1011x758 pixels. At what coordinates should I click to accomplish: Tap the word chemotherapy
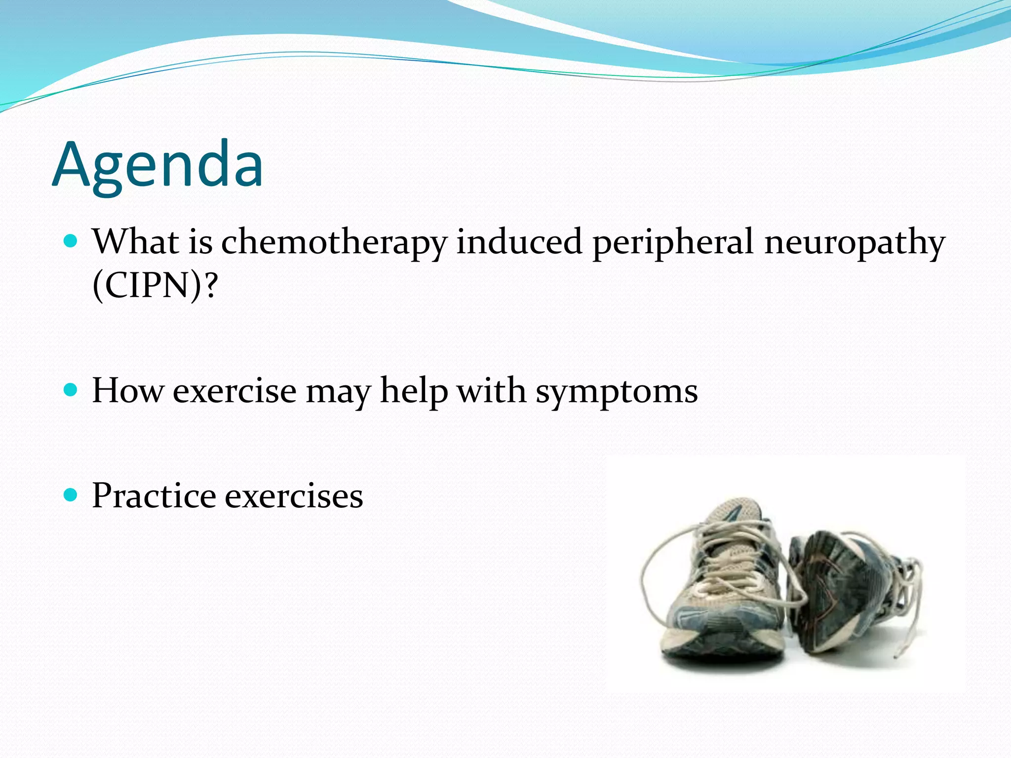click(x=334, y=243)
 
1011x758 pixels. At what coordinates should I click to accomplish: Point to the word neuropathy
click(x=854, y=243)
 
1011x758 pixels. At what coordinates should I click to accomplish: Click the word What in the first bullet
click(x=136, y=242)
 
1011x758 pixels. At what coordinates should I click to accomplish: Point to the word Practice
click(x=154, y=495)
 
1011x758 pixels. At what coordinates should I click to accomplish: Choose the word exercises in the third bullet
click(x=294, y=496)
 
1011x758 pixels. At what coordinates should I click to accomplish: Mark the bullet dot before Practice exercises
click(x=71, y=495)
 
